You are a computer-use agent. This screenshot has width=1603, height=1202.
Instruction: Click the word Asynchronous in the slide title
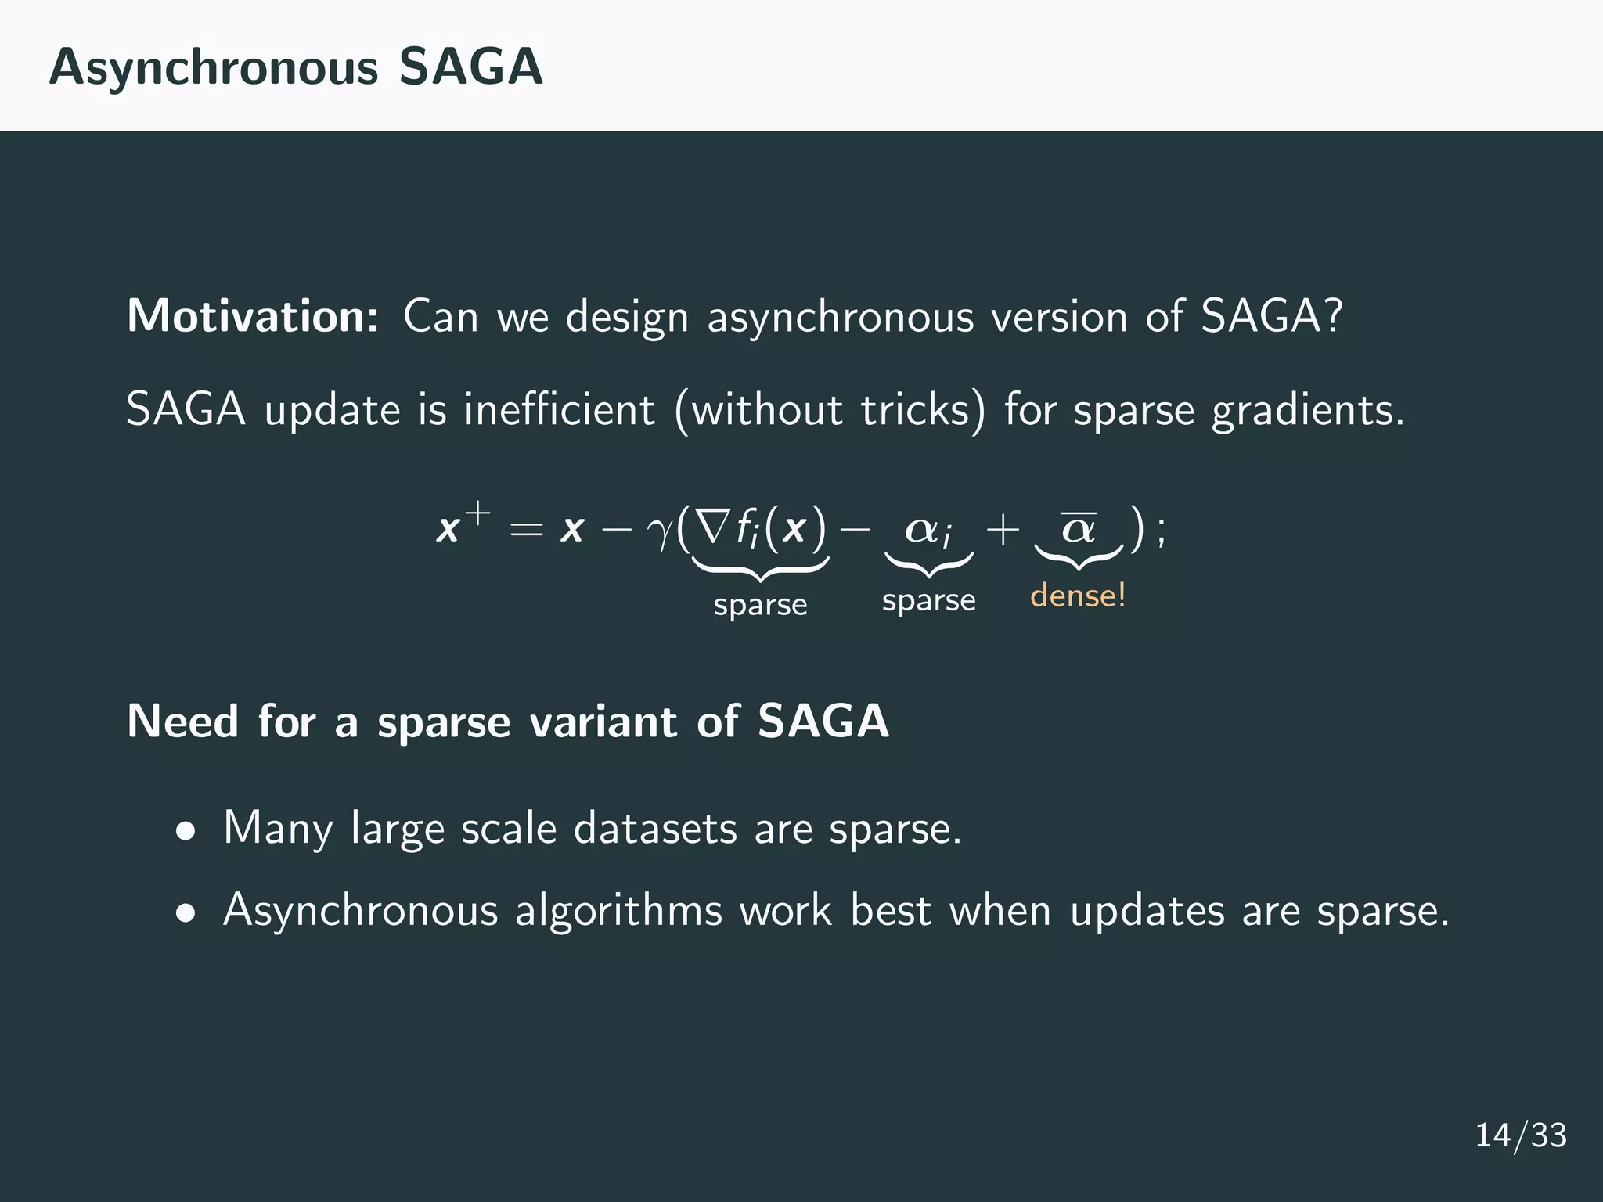pos(214,69)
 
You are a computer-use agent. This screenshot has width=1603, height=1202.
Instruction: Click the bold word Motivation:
pos(253,317)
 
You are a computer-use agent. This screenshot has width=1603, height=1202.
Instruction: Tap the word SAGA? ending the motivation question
pos(1272,317)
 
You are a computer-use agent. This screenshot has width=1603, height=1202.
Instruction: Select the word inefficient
pos(559,410)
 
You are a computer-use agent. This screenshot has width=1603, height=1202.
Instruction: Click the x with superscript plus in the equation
pos(462,526)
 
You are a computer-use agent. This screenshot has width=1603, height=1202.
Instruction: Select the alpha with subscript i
pos(928,531)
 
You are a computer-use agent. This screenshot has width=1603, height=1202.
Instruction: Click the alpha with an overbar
pos(1079,528)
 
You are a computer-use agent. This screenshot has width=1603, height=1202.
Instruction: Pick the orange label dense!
pos(1078,596)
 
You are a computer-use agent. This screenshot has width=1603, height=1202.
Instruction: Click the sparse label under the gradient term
pos(760,605)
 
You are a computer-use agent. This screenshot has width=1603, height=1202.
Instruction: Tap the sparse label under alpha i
pos(928,601)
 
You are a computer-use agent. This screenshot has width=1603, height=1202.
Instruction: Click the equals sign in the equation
pos(526,530)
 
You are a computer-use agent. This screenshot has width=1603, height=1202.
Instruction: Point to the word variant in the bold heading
pos(603,722)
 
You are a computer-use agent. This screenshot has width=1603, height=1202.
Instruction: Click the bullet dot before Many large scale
pos(186,832)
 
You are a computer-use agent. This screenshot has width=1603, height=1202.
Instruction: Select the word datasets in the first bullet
pos(655,829)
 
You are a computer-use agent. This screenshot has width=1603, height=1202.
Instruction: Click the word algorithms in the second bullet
pos(618,912)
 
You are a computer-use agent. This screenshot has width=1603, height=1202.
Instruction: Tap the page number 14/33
pos(1520,1135)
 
